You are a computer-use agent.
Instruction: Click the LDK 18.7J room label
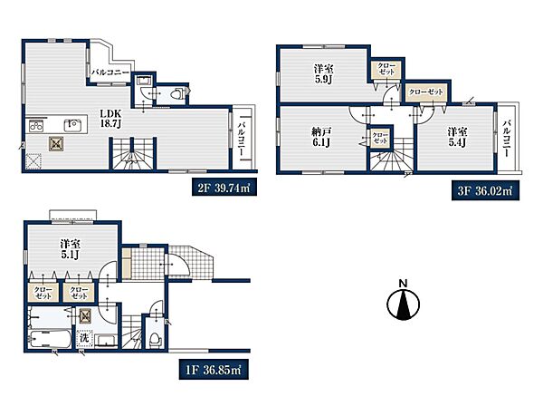pyautogui.click(x=110, y=119)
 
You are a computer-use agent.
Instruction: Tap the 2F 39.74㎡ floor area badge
pyautogui.click(x=224, y=189)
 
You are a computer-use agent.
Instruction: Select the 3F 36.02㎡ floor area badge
pyautogui.click(x=485, y=191)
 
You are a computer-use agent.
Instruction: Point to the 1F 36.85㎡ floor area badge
pyautogui.click(x=214, y=370)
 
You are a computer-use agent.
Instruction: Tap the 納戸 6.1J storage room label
pyautogui.click(x=321, y=137)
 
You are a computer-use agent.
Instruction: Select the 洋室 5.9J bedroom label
pyautogui.click(x=324, y=73)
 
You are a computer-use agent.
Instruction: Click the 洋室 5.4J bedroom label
pyautogui.click(x=457, y=137)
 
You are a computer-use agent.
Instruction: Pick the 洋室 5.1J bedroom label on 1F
pyautogui.click(x=71, y=249)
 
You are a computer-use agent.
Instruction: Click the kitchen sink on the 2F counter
pyautogui.click(x=72, y=125)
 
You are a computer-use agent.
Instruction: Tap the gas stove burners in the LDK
pyautogui.click(x=36, y=125)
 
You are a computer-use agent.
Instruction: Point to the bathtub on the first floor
pyautogui.click(x=50, y=339)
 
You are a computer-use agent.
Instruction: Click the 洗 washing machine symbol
pyautogui.click(x=84, y=337)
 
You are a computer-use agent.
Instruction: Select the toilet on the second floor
pyautogui.click(x=177, y=93)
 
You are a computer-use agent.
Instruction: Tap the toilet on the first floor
pyautogui.click(x=155, y=339)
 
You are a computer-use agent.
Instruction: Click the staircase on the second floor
pyautogui.click(x=133, y=154)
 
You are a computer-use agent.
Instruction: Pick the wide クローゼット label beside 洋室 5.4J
pyautogui.click(x=426, y=92)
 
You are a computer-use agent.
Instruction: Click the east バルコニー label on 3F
pyautogui.click(x=507, y=138)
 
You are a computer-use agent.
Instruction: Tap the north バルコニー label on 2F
pyautogui.click(x=110, y=72)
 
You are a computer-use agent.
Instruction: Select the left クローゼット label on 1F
pyautogui.click(x=43, y=294)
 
